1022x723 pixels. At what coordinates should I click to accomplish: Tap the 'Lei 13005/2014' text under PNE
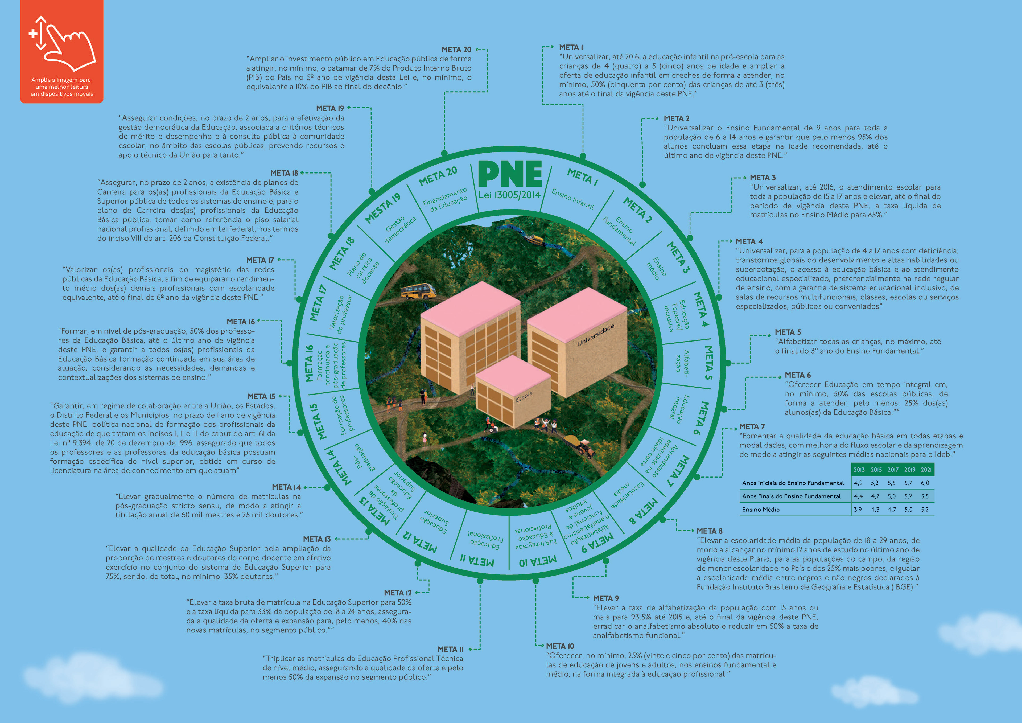coord(509,195)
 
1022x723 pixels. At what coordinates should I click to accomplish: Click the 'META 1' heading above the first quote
coord(571,47)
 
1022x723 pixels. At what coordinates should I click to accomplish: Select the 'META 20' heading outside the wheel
coord(456,50)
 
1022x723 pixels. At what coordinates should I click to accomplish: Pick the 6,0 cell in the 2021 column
coord(925,483)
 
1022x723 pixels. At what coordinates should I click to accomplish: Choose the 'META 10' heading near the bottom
coord(560,646)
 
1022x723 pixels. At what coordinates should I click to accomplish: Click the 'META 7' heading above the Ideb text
coord(752,426)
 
